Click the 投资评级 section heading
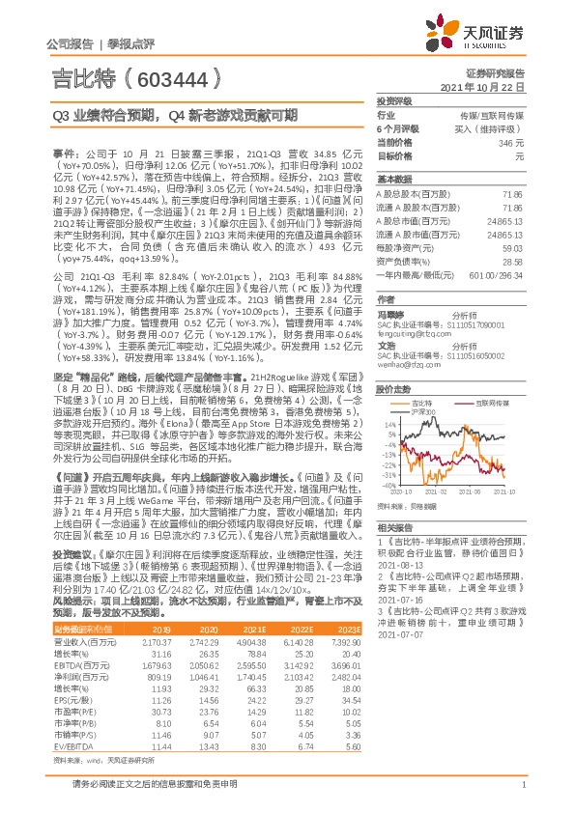[394, 100]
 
